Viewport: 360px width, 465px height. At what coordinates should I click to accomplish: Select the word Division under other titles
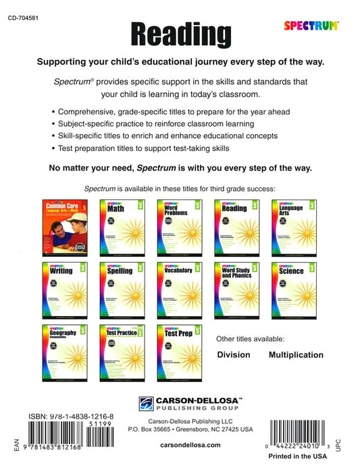(234, 355)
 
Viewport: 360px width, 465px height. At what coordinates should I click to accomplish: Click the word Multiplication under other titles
(296, 355)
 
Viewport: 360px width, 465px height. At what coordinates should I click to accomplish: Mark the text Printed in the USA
(304, 456)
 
